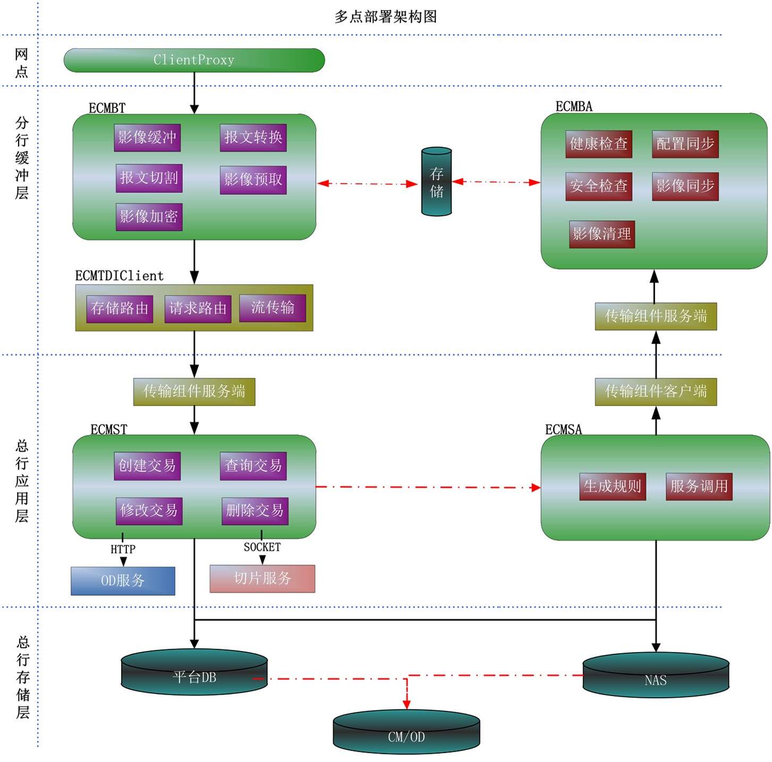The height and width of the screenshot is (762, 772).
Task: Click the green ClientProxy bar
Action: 194,60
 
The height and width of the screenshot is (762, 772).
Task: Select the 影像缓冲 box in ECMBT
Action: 147,138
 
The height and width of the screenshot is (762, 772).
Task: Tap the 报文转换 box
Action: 253,138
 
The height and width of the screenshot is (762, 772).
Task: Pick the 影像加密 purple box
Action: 149,217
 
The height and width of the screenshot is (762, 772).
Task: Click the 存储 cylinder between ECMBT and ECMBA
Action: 436,182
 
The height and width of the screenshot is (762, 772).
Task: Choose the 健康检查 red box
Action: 598,144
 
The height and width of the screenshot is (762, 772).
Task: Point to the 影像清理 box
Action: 601,234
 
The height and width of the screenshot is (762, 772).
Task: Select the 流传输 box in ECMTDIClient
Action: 272,308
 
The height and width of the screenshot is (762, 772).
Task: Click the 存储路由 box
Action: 120,309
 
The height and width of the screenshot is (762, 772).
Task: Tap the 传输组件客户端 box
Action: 656,392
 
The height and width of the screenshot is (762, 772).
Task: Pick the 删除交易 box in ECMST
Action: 254,511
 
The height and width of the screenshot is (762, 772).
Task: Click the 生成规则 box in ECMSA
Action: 612,486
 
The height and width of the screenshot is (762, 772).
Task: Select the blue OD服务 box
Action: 123,581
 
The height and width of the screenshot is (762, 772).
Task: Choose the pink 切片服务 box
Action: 262,578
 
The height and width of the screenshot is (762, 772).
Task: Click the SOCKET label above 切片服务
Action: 262,547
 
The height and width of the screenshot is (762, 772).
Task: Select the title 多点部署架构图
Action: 386,17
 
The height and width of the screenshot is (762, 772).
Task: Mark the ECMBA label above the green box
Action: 574,107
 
